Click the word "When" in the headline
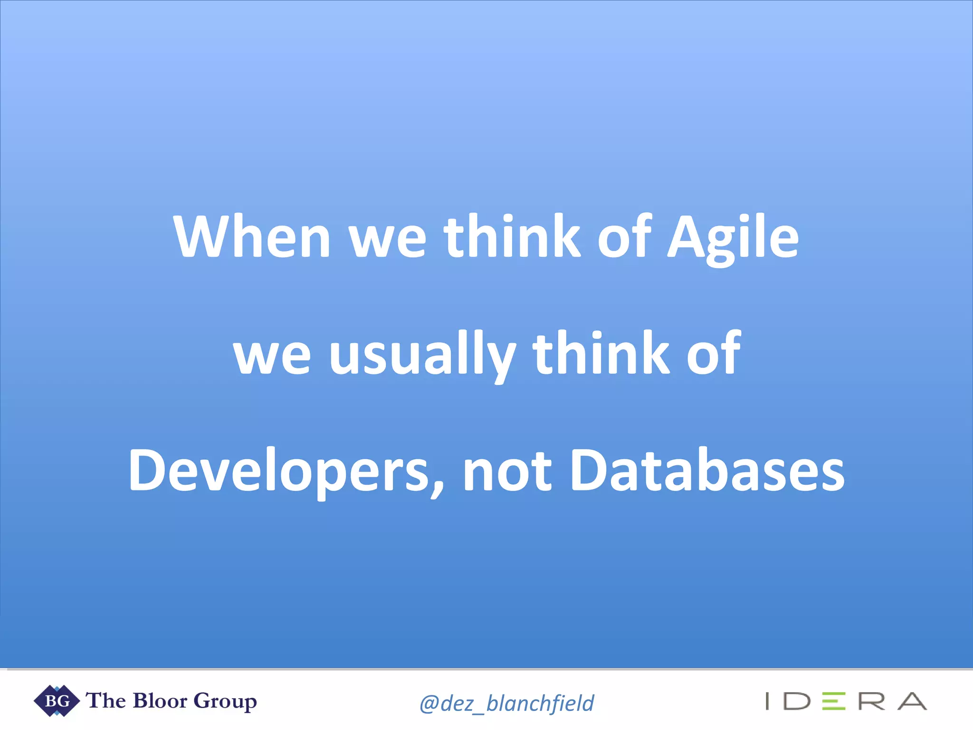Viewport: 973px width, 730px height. [x=252, y=236]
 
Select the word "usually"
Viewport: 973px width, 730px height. [x=422, y=354]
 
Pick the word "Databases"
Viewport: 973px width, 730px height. [x=707, y=471]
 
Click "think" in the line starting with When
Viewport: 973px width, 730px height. [x=512, y=236]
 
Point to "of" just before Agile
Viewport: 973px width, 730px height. [x=624, y=236]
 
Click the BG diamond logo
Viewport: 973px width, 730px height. [x=57, y=701]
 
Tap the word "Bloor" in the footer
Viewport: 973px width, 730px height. [x=160, y=701]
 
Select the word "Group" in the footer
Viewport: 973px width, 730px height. [x=225, y=701]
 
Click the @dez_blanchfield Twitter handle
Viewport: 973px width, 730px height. [x=506, y=703]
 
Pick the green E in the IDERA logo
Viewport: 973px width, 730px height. [x=834, y=701]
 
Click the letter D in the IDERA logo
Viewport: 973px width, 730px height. [x=797, y=701]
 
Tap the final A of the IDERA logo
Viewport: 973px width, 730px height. [x=912, y=701]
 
